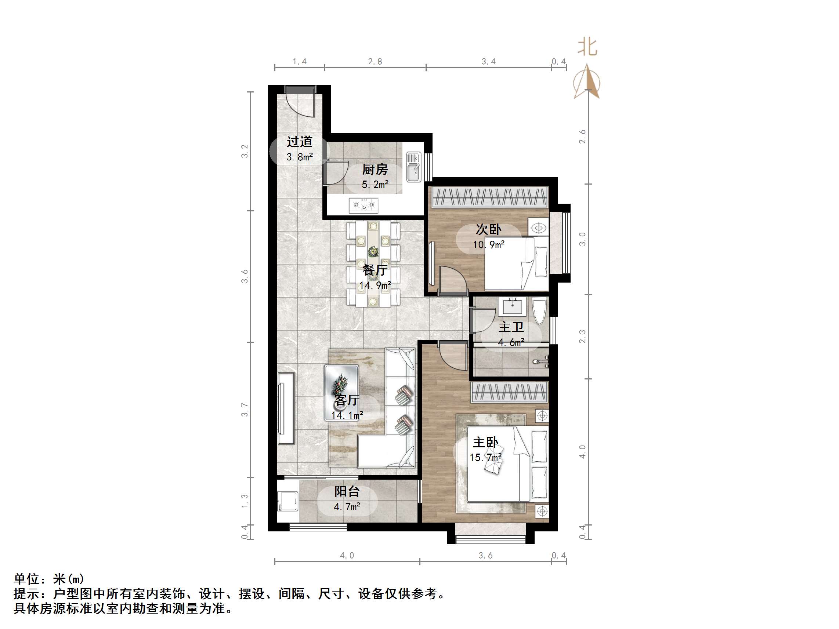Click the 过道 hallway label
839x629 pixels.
[x=299, y=142]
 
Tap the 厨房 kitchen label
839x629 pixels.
[x=375, y=170]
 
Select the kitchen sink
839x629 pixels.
[x=413, y=167]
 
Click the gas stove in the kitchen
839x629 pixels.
[x=364, y=205]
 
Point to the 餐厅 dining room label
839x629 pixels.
[x=375, y=270]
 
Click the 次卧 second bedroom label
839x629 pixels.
[x=489, y=229]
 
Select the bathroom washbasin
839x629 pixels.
[x=514, y=306]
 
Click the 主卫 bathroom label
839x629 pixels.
[x=511, y=327]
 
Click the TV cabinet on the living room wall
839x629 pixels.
[x=286, y=408]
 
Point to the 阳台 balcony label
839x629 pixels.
[x=347, y=491]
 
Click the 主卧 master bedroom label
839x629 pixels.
[x=485, y=442]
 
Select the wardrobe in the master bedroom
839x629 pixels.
[x=510, y=392]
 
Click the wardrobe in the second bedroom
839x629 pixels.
[x=491, y=197]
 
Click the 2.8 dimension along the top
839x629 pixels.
[x=375, y=61]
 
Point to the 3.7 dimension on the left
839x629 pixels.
[x=245, y=410]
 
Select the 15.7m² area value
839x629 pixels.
[x=485, y=458]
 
